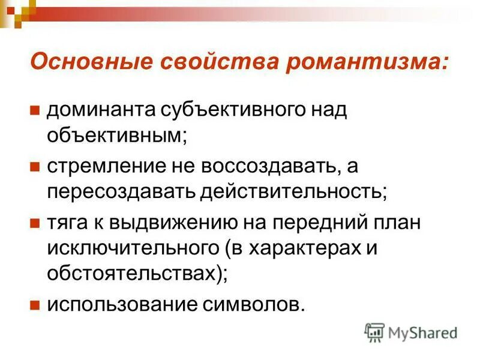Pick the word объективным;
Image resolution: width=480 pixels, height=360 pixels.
pos(118,135)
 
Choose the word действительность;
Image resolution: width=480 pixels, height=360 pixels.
pos(294,191)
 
